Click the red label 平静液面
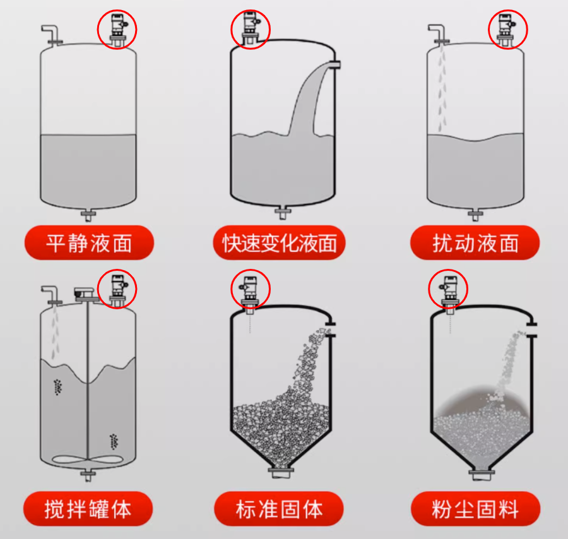pyautogui.click(x=89, y=243)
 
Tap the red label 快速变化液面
pyautogui.click(x=280, y=243)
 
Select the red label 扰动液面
pyautogui.click(x=475, y=243)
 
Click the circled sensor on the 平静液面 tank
pyautogui.click(x=117, y=29)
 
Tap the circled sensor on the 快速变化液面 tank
pyautogui.click(x=251, y=29)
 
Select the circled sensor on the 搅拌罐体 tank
pyautogui.click(x=117, y=288)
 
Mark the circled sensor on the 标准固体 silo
pyautogui.click(x=251, y=290)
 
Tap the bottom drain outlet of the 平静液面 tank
pyautogui.click(x=88, y=215)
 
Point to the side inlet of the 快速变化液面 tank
pyautogui.click(x=334, y=64)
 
